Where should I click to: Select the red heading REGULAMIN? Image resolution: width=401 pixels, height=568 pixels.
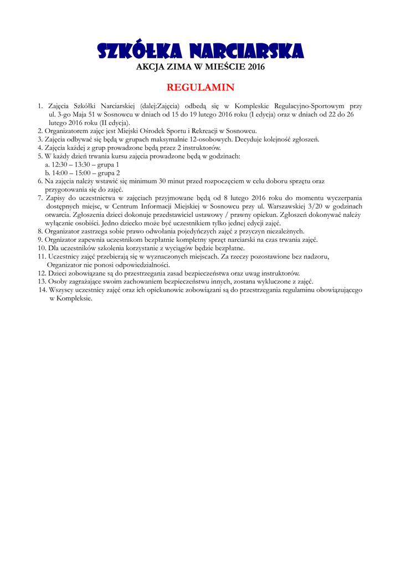tap(200, 87)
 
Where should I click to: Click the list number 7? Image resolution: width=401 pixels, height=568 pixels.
tap(40, 197)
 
